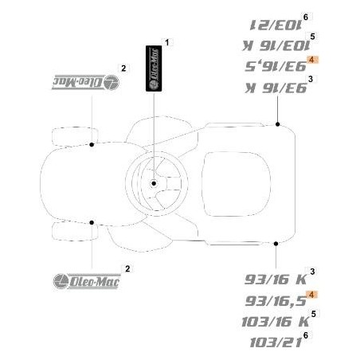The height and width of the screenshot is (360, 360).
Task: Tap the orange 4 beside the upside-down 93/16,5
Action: pos(312,61)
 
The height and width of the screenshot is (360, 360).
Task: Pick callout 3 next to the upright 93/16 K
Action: pos(311,273)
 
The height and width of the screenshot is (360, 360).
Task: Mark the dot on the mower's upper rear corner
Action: pos(276,125)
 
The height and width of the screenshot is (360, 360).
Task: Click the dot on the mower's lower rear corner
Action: pos(276,242)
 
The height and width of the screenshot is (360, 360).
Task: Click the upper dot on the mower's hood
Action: pos(93,144)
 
